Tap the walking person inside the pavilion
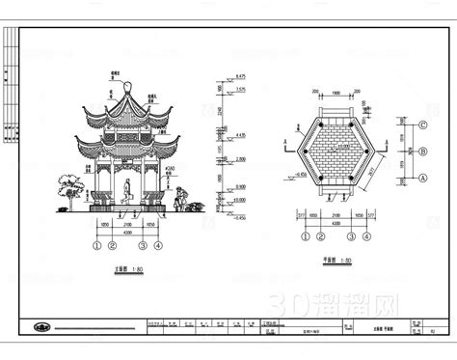coord(128,190)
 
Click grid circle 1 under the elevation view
coord(96,245)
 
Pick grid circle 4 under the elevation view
coord(159,245)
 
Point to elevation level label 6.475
coord(241,74)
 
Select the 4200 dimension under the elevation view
coord(128,232)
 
